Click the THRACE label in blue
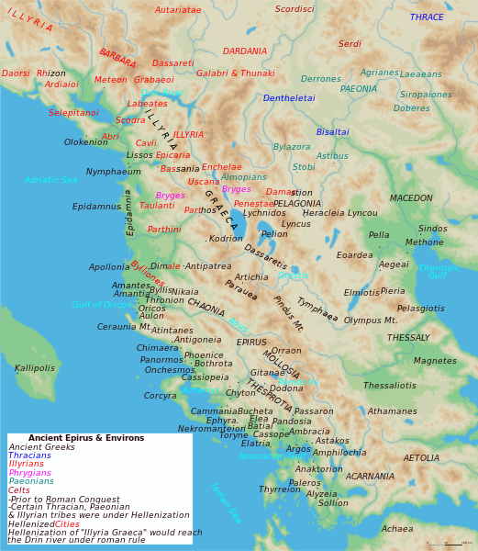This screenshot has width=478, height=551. point(427,17)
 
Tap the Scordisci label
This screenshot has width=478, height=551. point(295,10)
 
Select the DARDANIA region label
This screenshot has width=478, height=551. point(245,51)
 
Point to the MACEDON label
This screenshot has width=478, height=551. point(411,198)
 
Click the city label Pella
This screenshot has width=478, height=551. point(379,235)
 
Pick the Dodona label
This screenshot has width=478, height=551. point(286,388)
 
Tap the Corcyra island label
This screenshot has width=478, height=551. point(160,396)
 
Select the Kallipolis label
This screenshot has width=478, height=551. point(35,368)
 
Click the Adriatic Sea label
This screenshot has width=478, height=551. point(50,180)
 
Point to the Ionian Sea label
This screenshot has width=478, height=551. point(226,503)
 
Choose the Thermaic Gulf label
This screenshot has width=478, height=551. point(438,272)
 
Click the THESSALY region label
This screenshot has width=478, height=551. point(408,338)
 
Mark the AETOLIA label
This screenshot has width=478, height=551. point(421,458)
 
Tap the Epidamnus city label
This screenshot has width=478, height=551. point(96,207)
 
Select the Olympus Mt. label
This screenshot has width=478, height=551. point(371,320)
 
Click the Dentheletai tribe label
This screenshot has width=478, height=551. point(289,98)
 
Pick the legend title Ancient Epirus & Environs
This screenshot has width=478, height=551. point(86,438)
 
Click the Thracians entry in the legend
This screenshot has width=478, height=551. point(29,455)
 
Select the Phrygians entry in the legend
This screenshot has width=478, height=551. point(31,473)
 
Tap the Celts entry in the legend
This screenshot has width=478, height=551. point(19,490)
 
